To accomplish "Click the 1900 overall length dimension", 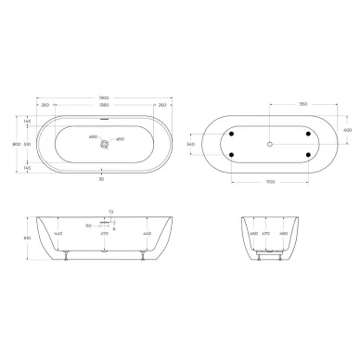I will coord(103,95).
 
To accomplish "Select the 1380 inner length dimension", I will coord(103,106).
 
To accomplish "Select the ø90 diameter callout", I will coord(93,138).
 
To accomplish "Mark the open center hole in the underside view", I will coord(269,144).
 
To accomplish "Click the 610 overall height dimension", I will coord(26,262).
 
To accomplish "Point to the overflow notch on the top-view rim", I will coord(104,117).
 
